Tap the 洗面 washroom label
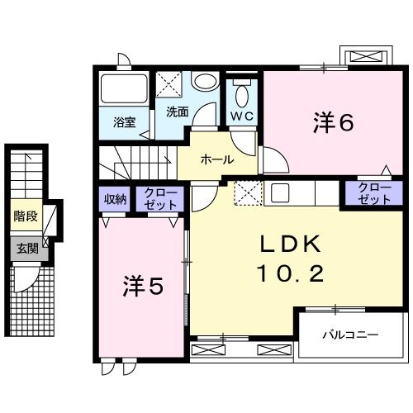(177, 112)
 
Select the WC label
(242, 115)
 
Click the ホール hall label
(216, 159)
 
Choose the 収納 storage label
(115, 199)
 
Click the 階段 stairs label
(25, 217)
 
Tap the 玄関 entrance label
(25, 248)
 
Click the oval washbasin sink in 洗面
(206, 82)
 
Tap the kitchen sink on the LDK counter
(278, 193)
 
